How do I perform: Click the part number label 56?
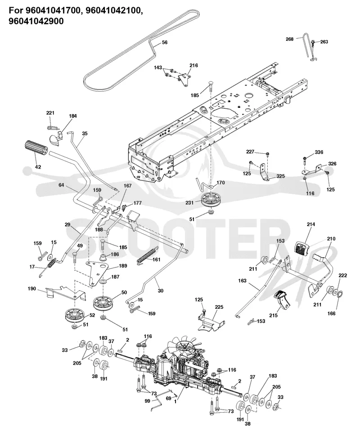(x=165, y=42)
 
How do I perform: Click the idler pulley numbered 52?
(x=75, y=315)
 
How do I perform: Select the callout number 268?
(x=290, y=39)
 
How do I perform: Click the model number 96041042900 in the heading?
(x=36, y=21)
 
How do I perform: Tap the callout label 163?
(x=242, y=281)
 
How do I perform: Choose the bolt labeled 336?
(x=304, y=161)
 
